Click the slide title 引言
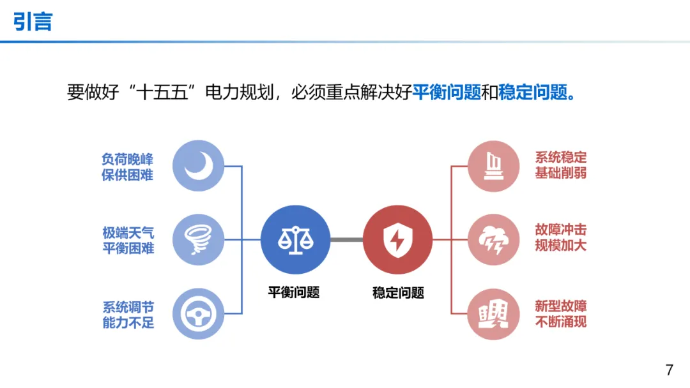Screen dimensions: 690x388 pos(33,22)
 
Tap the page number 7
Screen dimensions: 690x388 pos(669,369)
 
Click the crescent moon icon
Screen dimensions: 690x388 pos(199,166)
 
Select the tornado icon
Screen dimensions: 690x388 pos(199,240)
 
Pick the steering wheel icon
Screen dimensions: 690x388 pos(199,314)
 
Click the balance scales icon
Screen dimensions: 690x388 pos(295,240)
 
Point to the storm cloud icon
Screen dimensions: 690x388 pos(493,240)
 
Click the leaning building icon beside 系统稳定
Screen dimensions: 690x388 pos(493,166)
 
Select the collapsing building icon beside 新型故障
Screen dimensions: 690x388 pos(493,314)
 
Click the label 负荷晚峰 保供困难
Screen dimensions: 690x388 pos(128,167)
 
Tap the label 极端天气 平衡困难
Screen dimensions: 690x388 pos(128,241)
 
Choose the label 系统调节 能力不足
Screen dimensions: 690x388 pos(128,315)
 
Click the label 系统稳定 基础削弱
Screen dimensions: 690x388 pos(561,165)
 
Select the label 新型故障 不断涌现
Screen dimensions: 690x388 pos(561,313)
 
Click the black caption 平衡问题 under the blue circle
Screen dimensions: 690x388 pos(294,292)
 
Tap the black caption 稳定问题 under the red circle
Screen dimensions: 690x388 pos(398,293)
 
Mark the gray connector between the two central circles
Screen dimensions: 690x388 pos(346,240)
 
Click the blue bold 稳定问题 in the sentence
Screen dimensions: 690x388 pos(533,93)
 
